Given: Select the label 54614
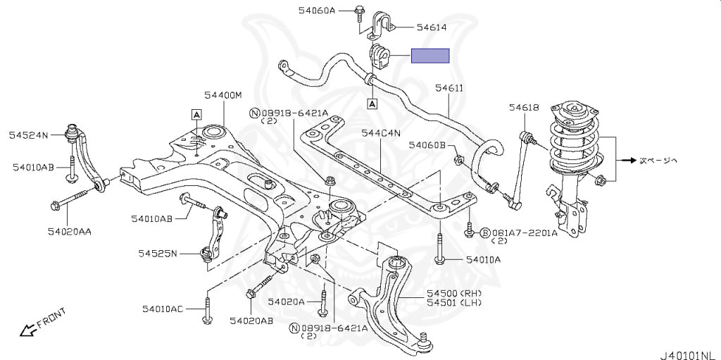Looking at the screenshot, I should tap(432, 27).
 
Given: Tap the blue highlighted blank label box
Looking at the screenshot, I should tap(430, 56).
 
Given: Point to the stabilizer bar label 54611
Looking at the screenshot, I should tap(449, 88).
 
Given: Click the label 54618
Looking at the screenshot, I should tap(524, 107).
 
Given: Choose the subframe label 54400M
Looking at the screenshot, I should tap(223, 94).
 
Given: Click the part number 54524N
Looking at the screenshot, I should tap(28, 134).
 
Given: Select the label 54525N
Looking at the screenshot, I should tap(157, 253).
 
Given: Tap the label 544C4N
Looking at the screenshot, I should tap(381, 132).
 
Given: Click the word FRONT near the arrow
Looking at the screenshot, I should tap(51, 319).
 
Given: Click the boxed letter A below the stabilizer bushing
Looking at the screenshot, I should tap(371, 104).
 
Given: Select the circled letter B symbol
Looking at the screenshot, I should tap(484, 232).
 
